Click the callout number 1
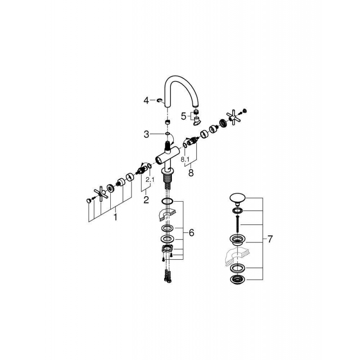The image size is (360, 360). [115, 217]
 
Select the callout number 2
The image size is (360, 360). [146, 199]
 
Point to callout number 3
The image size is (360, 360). [146, 134]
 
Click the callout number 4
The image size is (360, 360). [146, 101]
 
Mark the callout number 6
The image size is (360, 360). [191, 233]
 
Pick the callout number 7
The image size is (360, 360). [270, 239]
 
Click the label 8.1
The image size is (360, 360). [184, 159]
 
